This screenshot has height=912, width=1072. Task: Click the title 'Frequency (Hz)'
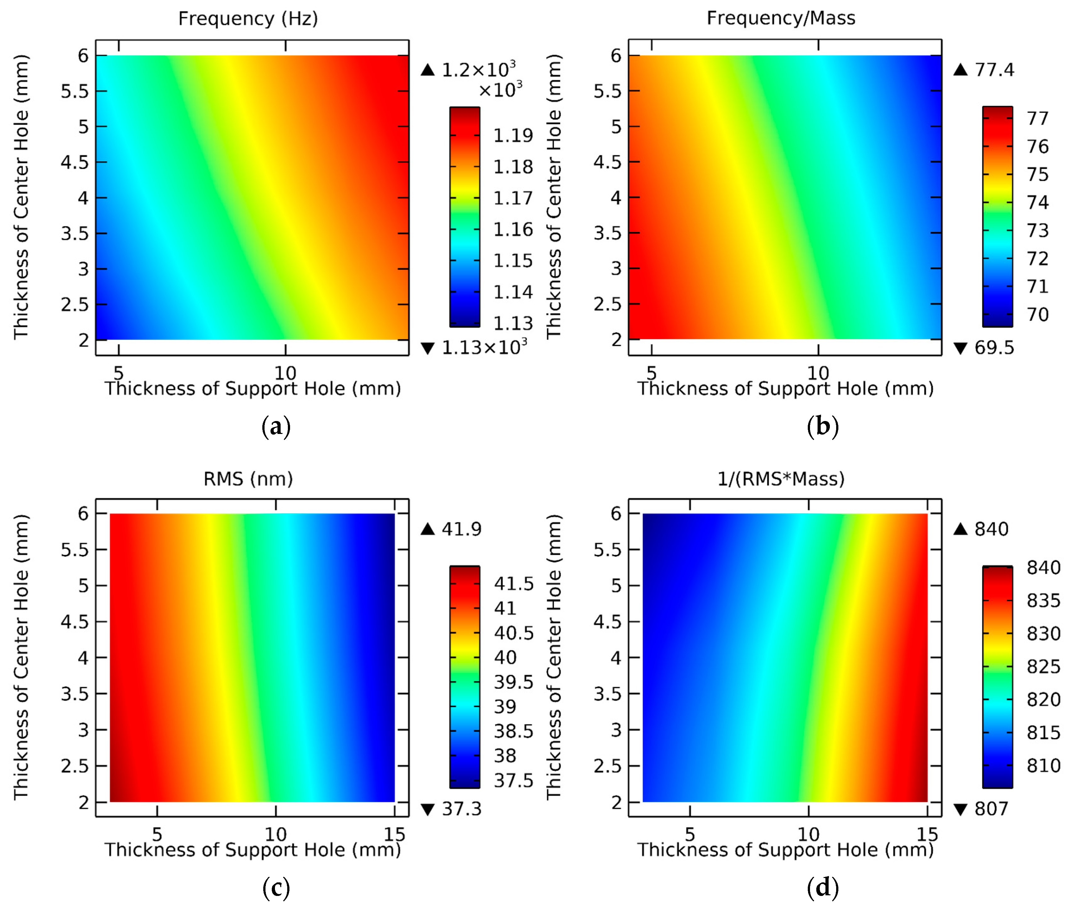coord(248,19)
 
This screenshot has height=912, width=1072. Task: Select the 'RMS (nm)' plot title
coord(248,479)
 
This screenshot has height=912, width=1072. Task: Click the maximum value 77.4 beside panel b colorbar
coord(993,70)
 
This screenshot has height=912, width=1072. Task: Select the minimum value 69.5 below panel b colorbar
coord(993,348)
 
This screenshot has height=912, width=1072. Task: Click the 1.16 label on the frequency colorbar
coord(512,229)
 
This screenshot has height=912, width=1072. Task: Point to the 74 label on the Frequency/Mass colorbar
coord(1037,202)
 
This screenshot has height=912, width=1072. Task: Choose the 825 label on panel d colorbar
coord(1043,667)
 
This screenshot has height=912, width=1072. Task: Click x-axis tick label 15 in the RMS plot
coord(394,834)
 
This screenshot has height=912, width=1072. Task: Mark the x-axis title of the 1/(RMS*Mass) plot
coord(785,850)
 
